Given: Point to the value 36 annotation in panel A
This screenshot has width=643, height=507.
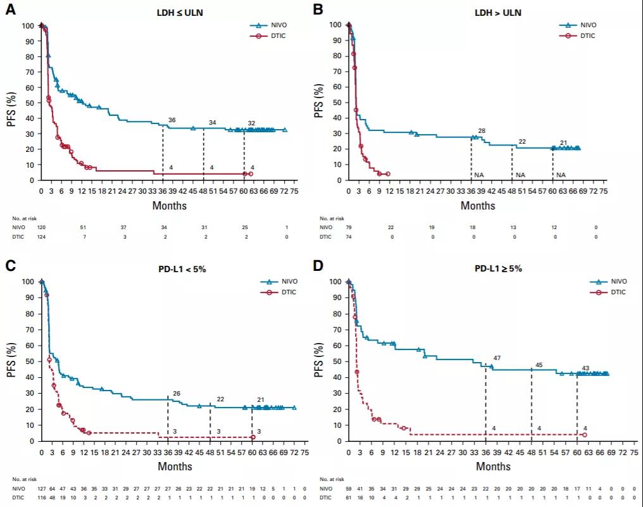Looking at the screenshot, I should coord(172,120).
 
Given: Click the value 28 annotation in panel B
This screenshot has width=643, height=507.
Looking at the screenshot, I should coord(481,130).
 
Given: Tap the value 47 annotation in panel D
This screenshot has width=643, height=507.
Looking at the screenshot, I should coord(496,358).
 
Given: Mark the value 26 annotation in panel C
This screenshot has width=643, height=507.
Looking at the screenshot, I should coord(176,393).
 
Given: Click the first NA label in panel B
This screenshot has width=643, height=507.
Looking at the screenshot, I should coord(478,175).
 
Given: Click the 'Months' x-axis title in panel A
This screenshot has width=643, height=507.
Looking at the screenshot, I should coord(169,206).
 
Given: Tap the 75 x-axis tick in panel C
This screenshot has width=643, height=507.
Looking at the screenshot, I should coord(304,452).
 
